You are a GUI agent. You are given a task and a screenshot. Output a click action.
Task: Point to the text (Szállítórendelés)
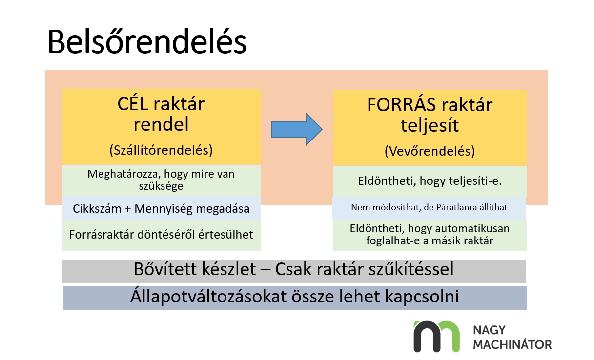pos(161,150)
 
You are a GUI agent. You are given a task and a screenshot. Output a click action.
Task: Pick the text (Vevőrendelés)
pos(430,151)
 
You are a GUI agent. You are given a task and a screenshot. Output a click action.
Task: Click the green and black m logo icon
pos(436,336)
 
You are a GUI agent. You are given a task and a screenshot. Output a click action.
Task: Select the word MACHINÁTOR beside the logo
pos(512,344)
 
